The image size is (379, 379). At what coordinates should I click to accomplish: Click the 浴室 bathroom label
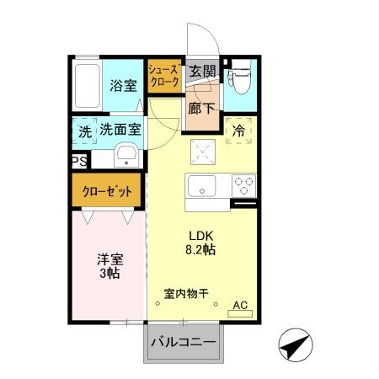click(x=122, y=84)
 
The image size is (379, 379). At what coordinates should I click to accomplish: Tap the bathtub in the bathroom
click(x=87, y=85)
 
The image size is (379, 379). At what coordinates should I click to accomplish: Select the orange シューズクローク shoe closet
click(x=163, y=78)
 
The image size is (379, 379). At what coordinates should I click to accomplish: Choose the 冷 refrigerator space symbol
click(x=238, y=131)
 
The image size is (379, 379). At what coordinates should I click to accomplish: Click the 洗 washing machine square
click(x=85, y=131)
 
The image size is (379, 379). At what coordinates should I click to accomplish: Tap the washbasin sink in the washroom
click(x=126, y=156)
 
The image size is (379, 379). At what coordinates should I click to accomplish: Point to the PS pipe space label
click(x=78, y=162)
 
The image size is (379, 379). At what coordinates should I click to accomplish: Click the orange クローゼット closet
click(x=108, y=192)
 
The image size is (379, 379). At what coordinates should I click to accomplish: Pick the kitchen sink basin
click(x=203, y=186)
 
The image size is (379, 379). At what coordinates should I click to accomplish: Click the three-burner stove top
click(x=243, y=184)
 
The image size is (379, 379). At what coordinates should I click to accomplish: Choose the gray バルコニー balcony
click(x=184, y=344)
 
